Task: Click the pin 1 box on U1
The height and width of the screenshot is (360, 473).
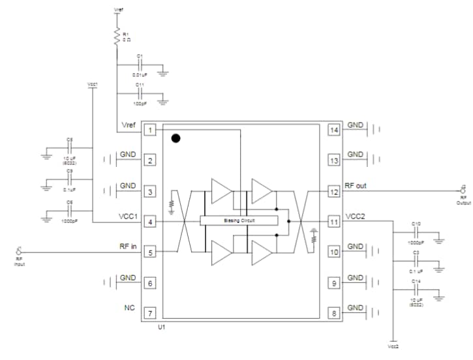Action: tap(150, 130)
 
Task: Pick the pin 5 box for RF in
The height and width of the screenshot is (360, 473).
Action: tap(150, 252)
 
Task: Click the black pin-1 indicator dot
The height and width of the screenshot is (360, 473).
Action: tap(175, 138)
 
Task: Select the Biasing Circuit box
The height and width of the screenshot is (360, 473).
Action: tap(241, 221)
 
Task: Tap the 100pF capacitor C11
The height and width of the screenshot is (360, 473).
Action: tap(140, 94)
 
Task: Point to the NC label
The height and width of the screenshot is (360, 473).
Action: tap(129, 308)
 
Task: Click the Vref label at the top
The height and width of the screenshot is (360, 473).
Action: tap(117, 10)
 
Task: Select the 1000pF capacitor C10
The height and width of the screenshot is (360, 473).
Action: tap(417, 232)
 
